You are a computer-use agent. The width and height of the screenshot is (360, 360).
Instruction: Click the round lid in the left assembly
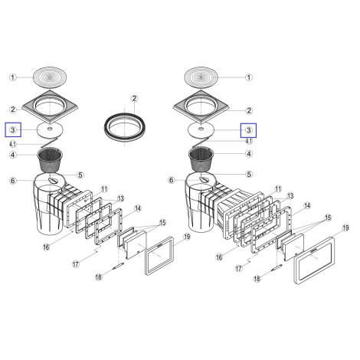(50, 77)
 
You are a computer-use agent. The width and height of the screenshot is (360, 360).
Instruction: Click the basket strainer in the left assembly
(50, 161)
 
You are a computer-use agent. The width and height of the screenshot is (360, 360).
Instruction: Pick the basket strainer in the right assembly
(201, 160)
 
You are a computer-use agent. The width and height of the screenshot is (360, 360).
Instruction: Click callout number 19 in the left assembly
(187, 237)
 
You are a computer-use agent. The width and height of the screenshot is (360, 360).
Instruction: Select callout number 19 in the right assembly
(345, 227)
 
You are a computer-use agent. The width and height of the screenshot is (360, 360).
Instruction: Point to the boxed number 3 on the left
(13, 130)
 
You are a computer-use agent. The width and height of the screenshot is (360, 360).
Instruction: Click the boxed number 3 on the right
(249, 130)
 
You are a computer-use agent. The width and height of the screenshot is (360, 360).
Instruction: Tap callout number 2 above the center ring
(134, 98)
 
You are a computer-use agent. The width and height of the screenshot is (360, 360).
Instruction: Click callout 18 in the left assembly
(99, 277)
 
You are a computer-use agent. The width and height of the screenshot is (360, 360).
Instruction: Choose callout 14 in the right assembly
(307, 205)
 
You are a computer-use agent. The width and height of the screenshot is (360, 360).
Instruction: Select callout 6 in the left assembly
(13, 181)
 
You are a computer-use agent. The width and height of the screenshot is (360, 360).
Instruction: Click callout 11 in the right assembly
(278, 189)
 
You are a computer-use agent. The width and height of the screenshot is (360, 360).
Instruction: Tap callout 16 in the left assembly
(46, 247)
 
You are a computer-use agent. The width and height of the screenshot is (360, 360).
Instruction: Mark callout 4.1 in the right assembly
(249, 141)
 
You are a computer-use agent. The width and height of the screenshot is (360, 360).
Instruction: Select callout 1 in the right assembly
(249, 77)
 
